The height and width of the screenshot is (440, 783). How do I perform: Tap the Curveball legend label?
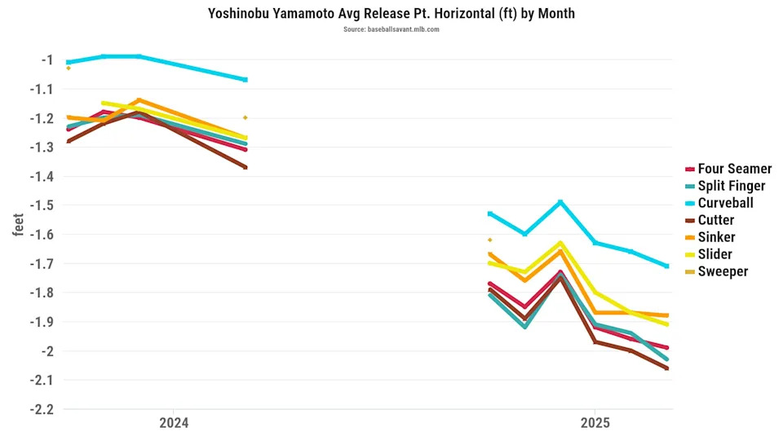(x=725, y=203)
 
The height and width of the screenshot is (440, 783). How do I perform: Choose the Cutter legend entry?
(x=716, y=220)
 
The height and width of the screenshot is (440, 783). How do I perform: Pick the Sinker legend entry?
(x=716, y=237)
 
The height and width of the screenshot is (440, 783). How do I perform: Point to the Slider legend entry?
(x=714, y=254)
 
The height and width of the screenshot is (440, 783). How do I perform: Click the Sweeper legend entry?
(x=723, y=271)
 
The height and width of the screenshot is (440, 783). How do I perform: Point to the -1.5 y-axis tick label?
(x=41, y=205)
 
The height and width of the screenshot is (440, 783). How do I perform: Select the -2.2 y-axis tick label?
(x=41, y=409)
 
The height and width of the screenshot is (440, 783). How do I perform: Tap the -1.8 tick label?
(x=41, y=293)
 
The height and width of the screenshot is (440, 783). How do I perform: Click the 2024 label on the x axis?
(x=174, y=423)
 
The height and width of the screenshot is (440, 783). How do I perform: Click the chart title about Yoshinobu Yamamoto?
(x=391, y=14)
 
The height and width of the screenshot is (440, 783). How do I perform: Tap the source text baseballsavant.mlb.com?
(x=391, y=29)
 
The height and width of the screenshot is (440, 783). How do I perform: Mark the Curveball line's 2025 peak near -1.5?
(x=560, y=202)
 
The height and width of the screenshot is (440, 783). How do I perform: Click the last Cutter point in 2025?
(x=667, y=368)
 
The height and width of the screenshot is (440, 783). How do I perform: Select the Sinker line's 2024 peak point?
(x=139, y=100)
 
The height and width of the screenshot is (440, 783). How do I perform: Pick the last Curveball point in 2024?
(x=246, y=80)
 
